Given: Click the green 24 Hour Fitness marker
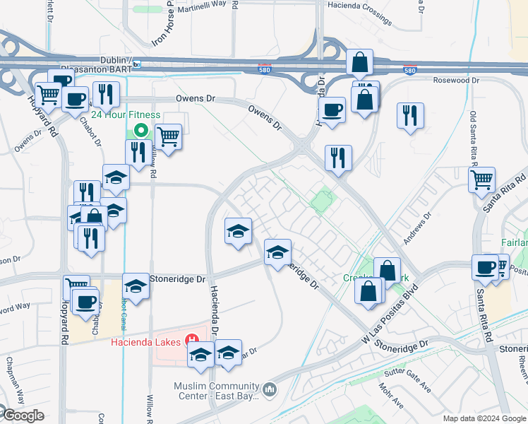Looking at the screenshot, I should click(140, 130).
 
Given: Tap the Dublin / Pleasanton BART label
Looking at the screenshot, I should click(101, 64).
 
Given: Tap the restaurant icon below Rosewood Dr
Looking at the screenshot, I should click(410, 115).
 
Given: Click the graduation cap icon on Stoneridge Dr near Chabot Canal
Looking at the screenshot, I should click(136, 286).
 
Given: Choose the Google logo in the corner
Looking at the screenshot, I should click(23, 416).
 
